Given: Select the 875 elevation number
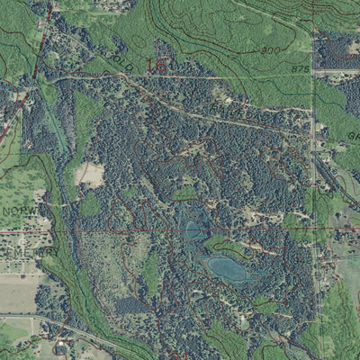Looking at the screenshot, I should (299, 68).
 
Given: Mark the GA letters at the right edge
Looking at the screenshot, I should (353, 134).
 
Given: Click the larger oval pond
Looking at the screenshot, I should (227, 267).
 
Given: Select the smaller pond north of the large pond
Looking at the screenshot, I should (192, 230).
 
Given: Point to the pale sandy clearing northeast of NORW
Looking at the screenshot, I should (91, 174).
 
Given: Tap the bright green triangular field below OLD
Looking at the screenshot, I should (87, 117).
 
